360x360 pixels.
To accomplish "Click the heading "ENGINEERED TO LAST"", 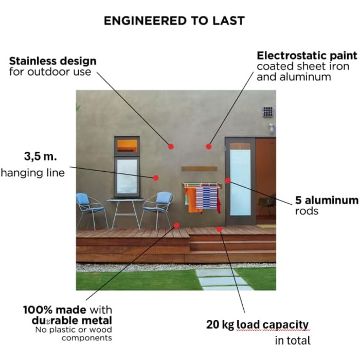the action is click(174, 21).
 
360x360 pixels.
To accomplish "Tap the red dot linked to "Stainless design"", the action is click(171, 147).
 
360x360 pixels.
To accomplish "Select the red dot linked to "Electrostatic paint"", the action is click(208, 147).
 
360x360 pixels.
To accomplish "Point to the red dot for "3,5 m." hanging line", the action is click(156, 178).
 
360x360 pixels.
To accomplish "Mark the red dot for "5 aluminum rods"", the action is click(227, 181).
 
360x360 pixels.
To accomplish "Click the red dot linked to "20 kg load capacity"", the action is click(219, 229).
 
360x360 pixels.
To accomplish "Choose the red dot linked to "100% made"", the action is click(176, 225).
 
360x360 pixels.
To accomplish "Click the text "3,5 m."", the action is click(41, 156).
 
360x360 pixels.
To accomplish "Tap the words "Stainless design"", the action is click(53, 61).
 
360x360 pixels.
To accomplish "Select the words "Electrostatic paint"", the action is click(307, 56).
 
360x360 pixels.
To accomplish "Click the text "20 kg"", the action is click(220, 325).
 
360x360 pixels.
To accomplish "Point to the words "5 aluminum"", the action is click(327, 200).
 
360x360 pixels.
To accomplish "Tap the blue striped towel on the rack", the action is click(206, 198).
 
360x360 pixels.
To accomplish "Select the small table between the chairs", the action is click(125, 213).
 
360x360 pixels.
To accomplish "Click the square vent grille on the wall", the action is click(268, 112).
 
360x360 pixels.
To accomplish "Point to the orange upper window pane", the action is click(127, 146).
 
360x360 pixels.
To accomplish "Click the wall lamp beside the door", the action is click(272, 129).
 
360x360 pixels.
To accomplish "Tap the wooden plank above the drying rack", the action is click(200, 169).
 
